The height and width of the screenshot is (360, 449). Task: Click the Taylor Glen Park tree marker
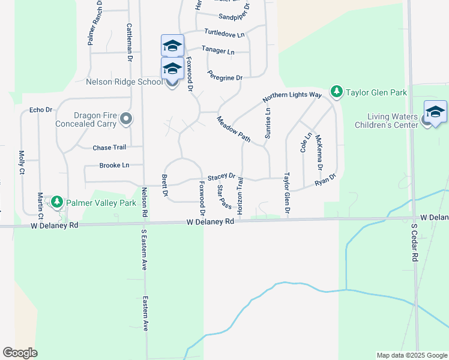pyautogui.click(x=337, y=91)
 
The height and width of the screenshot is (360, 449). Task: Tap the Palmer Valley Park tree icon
pyautogui.click(x=57, y=202)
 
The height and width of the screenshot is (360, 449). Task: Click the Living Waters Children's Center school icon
pyautogui.click(x=435, y=112)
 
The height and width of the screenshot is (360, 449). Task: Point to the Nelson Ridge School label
pyautogui.click(x=124, y=82)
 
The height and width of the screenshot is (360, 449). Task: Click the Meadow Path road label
pyautogui.click(x=234, y=128)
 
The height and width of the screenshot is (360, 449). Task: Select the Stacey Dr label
pyautogui.click(x=221, y=176)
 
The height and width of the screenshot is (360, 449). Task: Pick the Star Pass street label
pyautogui.click(x=224, y=196)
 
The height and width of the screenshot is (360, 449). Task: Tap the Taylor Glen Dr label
pyautogui.click(x=287, y=193)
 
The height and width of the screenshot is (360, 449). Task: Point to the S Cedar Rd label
pyautogui.click(x=414, y=242)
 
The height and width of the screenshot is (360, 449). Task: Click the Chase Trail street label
pyautogui.click(x=109, y=148)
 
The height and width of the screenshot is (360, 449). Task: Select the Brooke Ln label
pyautogui.click(x=114, y=165)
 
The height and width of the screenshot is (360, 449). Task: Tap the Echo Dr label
pyautogui.click(x=41, y=110)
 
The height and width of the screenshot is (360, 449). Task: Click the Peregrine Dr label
pyautogui.click(x=224, y=77)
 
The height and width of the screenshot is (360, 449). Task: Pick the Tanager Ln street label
pyautogui.click(x=218, y=51)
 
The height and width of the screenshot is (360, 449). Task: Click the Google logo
pyautogui.click(x=20, y=353)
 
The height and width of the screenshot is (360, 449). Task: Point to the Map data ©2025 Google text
pyautogui.click(x=411, y=355)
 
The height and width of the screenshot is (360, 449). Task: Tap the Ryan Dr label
pyautogui.click(x=325, y=179)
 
